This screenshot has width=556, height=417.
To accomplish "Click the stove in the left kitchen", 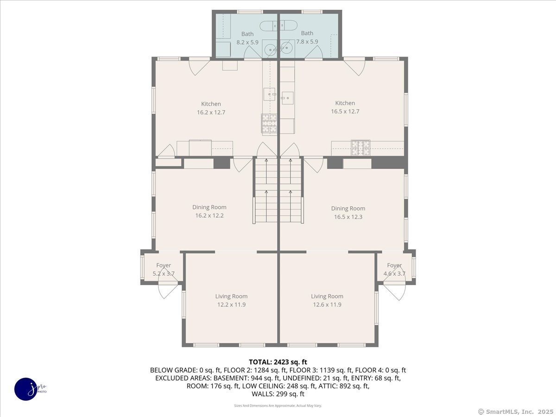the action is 269,123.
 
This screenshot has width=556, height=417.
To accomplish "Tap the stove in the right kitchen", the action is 360,148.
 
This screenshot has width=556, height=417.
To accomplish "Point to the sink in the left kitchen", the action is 270,94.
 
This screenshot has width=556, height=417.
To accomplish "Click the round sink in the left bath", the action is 271,50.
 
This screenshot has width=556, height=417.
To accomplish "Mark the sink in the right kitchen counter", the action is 288,98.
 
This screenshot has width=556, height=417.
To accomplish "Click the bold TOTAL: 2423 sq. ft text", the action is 278,362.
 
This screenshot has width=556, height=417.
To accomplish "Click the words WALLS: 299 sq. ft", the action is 278,394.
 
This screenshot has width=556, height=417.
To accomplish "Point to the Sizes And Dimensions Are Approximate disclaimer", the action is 278,405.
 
